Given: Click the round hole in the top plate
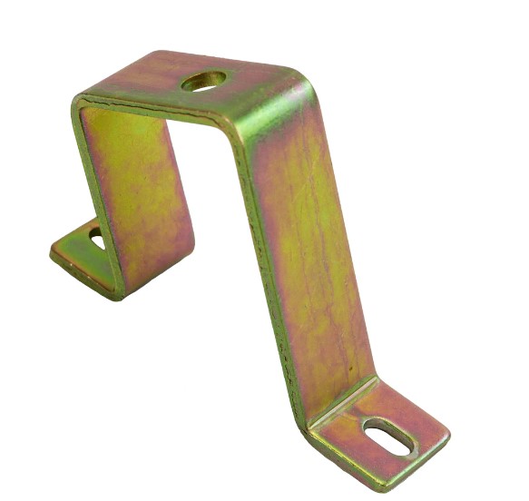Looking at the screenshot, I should click(x=203, y=81).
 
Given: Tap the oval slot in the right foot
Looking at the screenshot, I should click(x=389, y=437).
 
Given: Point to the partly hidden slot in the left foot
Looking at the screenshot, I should click(x=96, y=239).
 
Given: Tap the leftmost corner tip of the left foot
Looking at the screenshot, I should click(x=52, y=250).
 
